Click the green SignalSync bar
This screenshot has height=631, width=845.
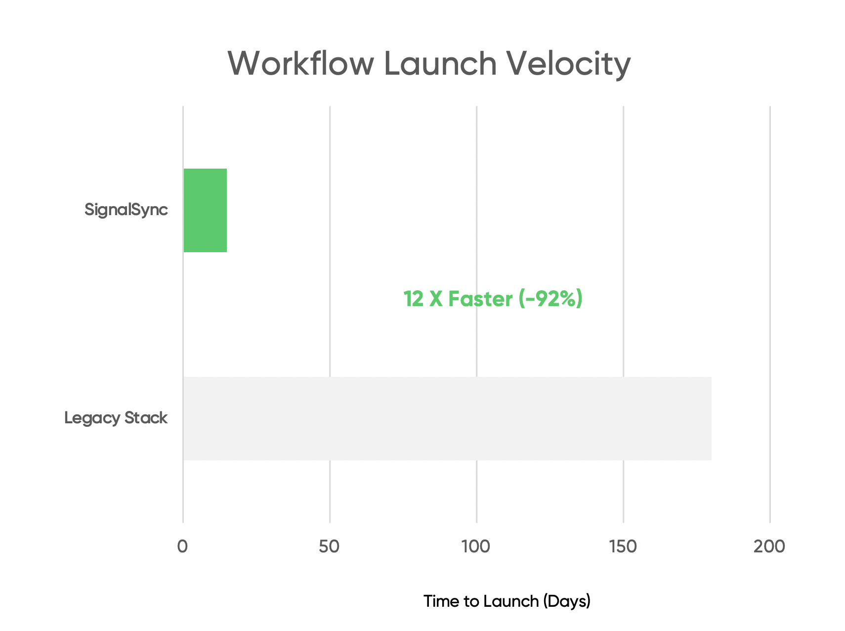pos(205,210)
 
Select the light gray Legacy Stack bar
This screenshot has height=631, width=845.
pos(447,418)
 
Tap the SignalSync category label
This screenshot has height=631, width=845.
pos(126,210)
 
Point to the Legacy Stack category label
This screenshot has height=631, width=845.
pos(116,418)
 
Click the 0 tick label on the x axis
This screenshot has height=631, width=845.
pos(182,546)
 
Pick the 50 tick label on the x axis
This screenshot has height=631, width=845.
pos(329,546)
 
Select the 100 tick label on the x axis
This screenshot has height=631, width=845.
pos(476,546)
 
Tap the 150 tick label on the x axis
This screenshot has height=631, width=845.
pos(623,546)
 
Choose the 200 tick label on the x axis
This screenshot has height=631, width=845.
pos(769,546)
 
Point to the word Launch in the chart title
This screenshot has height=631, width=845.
pos(440,63)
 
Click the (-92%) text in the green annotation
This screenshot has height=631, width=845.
pos(550,299)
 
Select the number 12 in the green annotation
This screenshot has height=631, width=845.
pos(413,299)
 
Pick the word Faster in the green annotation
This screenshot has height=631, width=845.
pos(480,299)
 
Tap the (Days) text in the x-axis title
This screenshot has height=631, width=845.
pos(567,602)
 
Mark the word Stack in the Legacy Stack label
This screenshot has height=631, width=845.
pos(146,418)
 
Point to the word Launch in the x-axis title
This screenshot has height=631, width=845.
pos(511,601)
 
